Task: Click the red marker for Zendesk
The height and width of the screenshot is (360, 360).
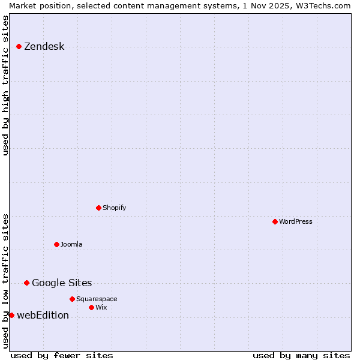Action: [19, 46]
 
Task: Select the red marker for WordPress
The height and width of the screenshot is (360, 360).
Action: [275, 221]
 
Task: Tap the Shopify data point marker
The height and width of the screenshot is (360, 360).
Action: [98, 208]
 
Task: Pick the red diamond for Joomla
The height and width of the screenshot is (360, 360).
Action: [56, 244]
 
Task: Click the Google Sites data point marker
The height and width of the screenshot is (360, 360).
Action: [26, 283]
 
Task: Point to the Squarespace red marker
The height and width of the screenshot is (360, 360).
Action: [72, 299]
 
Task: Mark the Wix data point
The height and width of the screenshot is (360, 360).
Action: [91, 307]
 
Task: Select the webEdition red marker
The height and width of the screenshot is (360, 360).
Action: [11, 315]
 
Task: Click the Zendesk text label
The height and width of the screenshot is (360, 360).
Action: [44, 46]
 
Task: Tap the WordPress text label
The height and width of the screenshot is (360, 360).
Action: [295, 221]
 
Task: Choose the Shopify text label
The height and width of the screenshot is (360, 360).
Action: [114, 208]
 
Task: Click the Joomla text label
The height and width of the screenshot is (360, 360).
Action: [71, 244]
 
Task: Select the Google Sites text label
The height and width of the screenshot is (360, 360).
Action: [62, 283]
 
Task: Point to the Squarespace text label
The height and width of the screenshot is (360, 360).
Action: [97, 299]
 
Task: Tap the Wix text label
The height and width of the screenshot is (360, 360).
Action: [101, 307]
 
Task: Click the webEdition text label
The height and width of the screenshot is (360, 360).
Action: [43, 315]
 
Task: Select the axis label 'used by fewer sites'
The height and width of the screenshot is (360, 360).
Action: [62, 355]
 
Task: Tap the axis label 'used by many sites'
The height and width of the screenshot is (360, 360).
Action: [301, 355]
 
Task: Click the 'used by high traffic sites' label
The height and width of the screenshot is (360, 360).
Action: [5, 85]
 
